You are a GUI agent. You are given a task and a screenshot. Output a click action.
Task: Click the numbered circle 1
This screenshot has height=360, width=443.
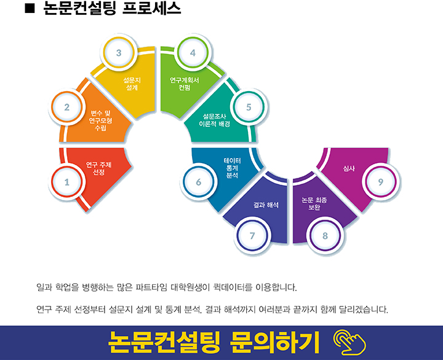67,182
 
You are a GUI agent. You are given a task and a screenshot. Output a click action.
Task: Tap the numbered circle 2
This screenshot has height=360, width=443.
67,107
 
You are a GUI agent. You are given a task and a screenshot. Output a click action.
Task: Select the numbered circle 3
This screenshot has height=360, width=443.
119,53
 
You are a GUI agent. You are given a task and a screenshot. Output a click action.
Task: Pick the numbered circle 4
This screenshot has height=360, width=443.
193,53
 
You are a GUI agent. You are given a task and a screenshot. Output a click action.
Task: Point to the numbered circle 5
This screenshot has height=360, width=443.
249,107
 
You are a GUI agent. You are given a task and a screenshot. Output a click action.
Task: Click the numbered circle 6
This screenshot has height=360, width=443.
198,182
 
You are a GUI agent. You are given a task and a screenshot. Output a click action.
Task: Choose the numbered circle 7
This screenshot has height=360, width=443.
252,235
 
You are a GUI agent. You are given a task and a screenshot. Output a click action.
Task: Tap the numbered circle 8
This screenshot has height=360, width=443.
325,235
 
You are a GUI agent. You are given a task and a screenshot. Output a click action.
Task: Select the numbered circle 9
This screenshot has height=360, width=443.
380,182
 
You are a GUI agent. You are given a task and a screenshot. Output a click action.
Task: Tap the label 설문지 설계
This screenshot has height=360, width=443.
132,84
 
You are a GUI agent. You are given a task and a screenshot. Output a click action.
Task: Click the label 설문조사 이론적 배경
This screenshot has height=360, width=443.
215,120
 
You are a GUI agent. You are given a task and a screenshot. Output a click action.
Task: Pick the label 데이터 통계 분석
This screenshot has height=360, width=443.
232,167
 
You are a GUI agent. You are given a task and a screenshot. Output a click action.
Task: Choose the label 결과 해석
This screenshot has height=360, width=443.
266,204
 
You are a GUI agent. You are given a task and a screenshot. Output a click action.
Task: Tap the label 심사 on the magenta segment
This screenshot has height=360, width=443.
349,167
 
